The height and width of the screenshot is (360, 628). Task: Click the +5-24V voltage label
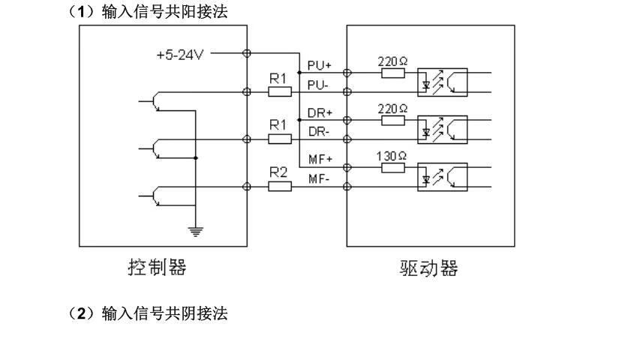click(x=179, y=55)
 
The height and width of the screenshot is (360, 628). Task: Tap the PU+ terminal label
click(x=320, y=65)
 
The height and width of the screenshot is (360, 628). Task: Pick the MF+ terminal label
click(x=320, y=159)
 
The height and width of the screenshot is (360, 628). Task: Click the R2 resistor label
click(x=279, y=172)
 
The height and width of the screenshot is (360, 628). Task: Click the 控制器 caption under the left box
click(x=155, y=267)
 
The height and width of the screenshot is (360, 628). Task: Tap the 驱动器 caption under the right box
click(x=428, y=268)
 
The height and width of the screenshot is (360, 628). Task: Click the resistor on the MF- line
click(x=280, y=185)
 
